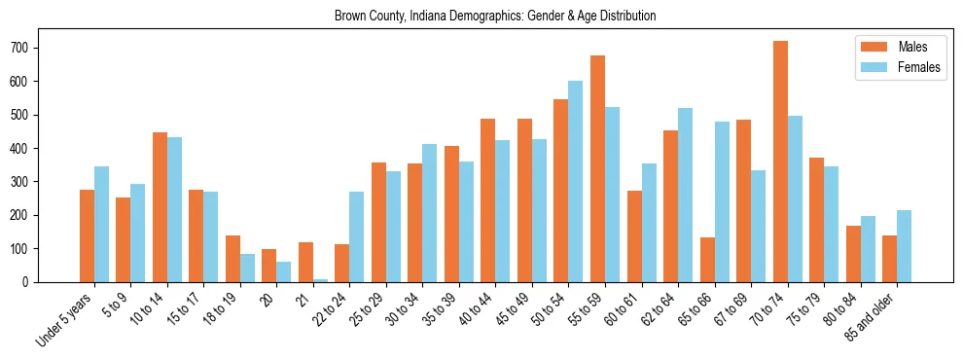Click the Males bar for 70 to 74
tap(780, 162)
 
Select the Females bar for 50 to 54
tap(576, 181)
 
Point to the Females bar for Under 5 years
tap(101, 224)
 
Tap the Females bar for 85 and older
tap(905, 246)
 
